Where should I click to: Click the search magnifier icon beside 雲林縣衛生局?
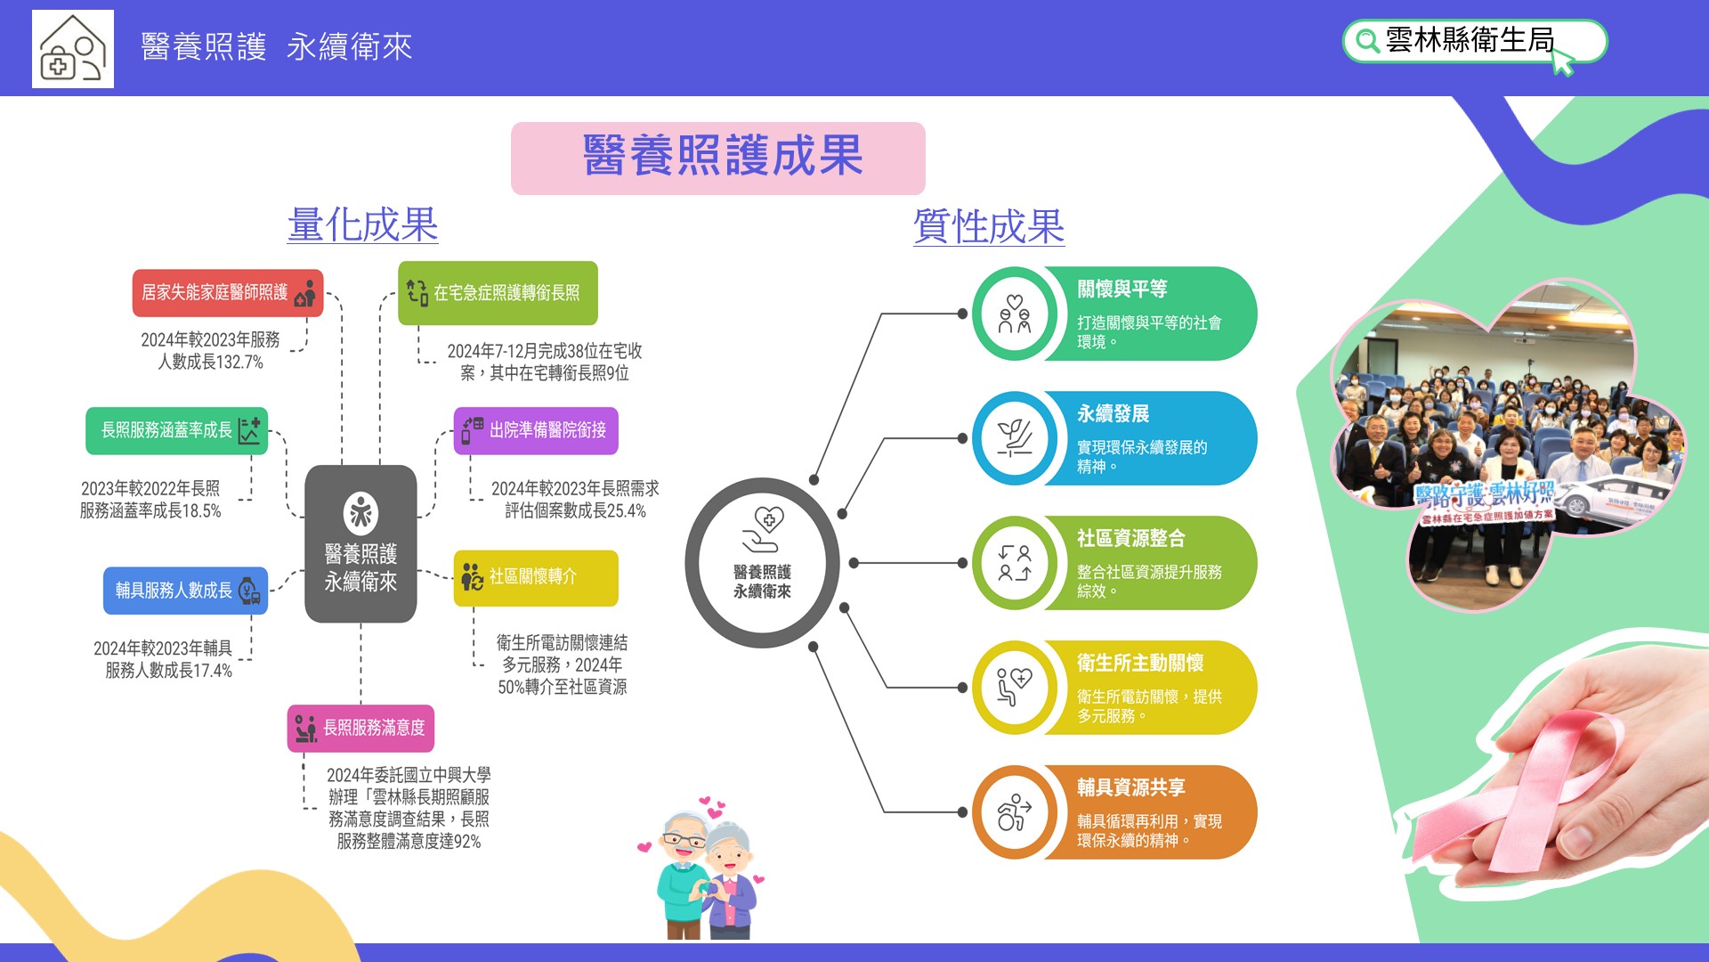[x=1366, y=41]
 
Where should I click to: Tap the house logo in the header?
[x=73, y=49]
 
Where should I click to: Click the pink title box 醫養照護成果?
[x=718, y=159]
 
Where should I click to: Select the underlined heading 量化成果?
[x=362, y=224]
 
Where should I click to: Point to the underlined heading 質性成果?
[x=989, y=226]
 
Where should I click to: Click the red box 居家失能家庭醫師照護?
[x=228, y=293]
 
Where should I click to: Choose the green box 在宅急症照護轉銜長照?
[x=498, y=293]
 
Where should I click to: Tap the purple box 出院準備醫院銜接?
[x=536, y=431]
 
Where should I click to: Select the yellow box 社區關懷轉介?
[x=536, y=578]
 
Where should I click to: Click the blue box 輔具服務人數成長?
[x=185, y=591]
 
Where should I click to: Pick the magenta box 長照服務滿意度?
[x=360, y=729]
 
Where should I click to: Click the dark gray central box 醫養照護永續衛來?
[x=360, y=543]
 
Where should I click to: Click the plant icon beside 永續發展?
[x=1014, y=438]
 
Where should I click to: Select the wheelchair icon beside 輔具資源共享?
[x=1014, y=812]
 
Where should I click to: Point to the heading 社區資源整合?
[x=1130, y=539]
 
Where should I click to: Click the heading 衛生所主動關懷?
[x=1139, y=664]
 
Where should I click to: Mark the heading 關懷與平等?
[x=1122, y=289]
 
